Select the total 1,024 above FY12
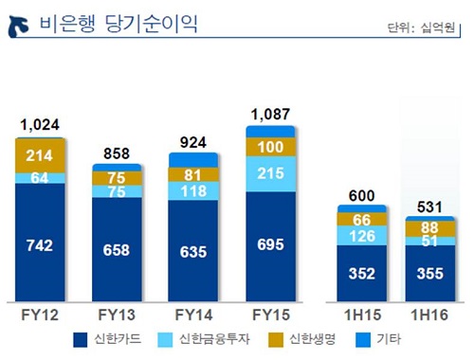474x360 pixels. [40, 125]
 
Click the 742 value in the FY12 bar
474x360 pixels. [40, 244]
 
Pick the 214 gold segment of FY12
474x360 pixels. [40, 155]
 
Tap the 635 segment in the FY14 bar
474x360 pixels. [194, 251]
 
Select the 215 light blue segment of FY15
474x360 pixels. [270, 174]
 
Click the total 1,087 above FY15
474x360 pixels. [270, 115]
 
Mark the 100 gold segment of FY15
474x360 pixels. [270, 147]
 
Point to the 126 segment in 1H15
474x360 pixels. [361, 237]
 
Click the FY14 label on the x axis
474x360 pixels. [194, 314]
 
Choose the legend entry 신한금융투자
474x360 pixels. [208, 338]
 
